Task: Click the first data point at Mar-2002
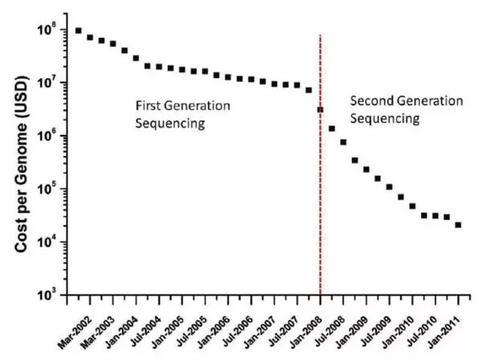pos(78,31)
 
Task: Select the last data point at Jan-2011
pos(458,225)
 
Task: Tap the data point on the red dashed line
pos(321,109)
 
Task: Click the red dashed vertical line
pos(321,201)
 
